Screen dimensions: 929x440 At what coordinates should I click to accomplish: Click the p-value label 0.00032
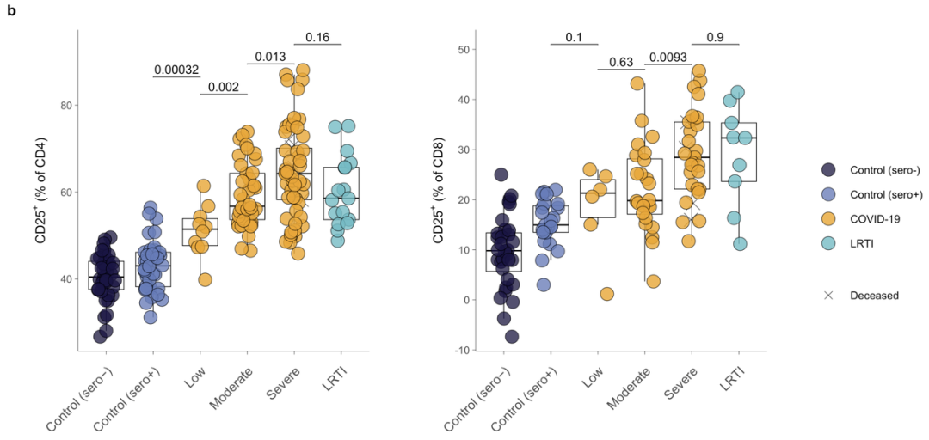[x=177, y=70]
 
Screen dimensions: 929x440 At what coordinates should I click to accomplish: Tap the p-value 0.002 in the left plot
[x=224, y=87]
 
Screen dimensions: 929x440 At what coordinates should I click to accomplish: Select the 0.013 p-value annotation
[x=271, y=57]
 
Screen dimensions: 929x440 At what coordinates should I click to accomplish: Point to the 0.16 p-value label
[x=317, y=37]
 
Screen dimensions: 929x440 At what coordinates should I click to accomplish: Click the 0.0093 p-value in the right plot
[x=668, y=57]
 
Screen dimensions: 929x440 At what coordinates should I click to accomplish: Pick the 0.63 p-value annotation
[x=621, y=62]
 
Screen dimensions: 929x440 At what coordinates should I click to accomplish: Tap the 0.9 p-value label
[x=715, y=37]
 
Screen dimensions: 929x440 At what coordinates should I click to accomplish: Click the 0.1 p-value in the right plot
[x=574, y=37]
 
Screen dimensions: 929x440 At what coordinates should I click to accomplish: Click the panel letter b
[x=10, y=11]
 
